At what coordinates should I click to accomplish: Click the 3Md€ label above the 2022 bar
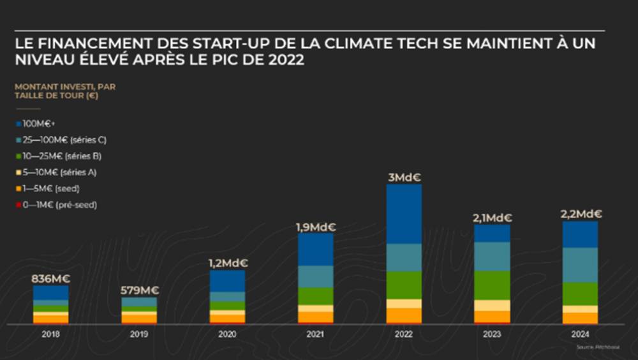(x=404, y=177)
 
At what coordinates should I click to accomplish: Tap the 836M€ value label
(x=50, y=278)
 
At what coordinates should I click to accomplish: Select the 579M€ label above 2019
(x=139, y=290)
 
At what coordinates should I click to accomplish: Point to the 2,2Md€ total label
(x=580, y=214)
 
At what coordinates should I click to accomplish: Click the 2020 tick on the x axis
(x=227, y=334)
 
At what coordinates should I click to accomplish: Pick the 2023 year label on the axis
(x=492, y=334)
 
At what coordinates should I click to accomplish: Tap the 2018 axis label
(x=50, y=334)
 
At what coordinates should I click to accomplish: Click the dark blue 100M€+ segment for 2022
(x=404, y=214)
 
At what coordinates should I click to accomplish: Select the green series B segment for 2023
(x=492, y=285)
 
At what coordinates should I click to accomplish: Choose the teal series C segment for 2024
(x=580, y=265)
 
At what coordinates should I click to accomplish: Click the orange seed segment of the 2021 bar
(x=315, y=317)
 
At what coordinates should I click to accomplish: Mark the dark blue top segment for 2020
(x=227, y=281)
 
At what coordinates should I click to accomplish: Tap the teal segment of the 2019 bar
(x=139, y=302)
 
